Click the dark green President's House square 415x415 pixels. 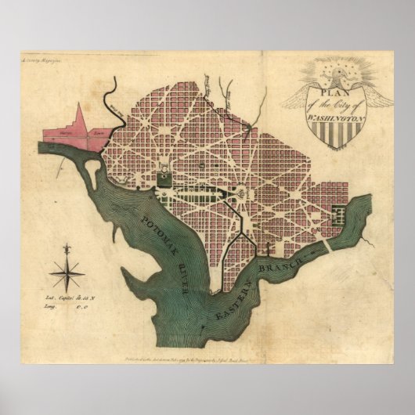click(165, 179)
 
